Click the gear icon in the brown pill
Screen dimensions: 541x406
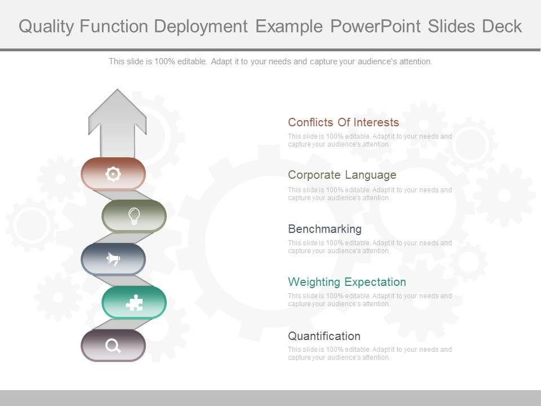(113, 174)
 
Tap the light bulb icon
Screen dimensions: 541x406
(134, 216)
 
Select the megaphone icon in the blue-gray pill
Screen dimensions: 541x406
(113, 259)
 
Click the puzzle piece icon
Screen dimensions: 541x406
(134, 303)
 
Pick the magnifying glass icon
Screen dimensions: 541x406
(113, 346)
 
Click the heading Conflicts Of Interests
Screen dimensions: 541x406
(343, 122)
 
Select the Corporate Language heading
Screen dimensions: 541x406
(342, 175)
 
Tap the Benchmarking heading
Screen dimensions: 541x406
(325, 229)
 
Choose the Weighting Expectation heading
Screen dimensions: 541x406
(347, 282)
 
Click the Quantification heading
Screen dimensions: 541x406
(324, 336)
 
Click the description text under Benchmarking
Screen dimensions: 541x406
(370, 247)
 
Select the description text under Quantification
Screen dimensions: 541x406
(370, 354)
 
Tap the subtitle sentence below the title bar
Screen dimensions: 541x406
(270, 61)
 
